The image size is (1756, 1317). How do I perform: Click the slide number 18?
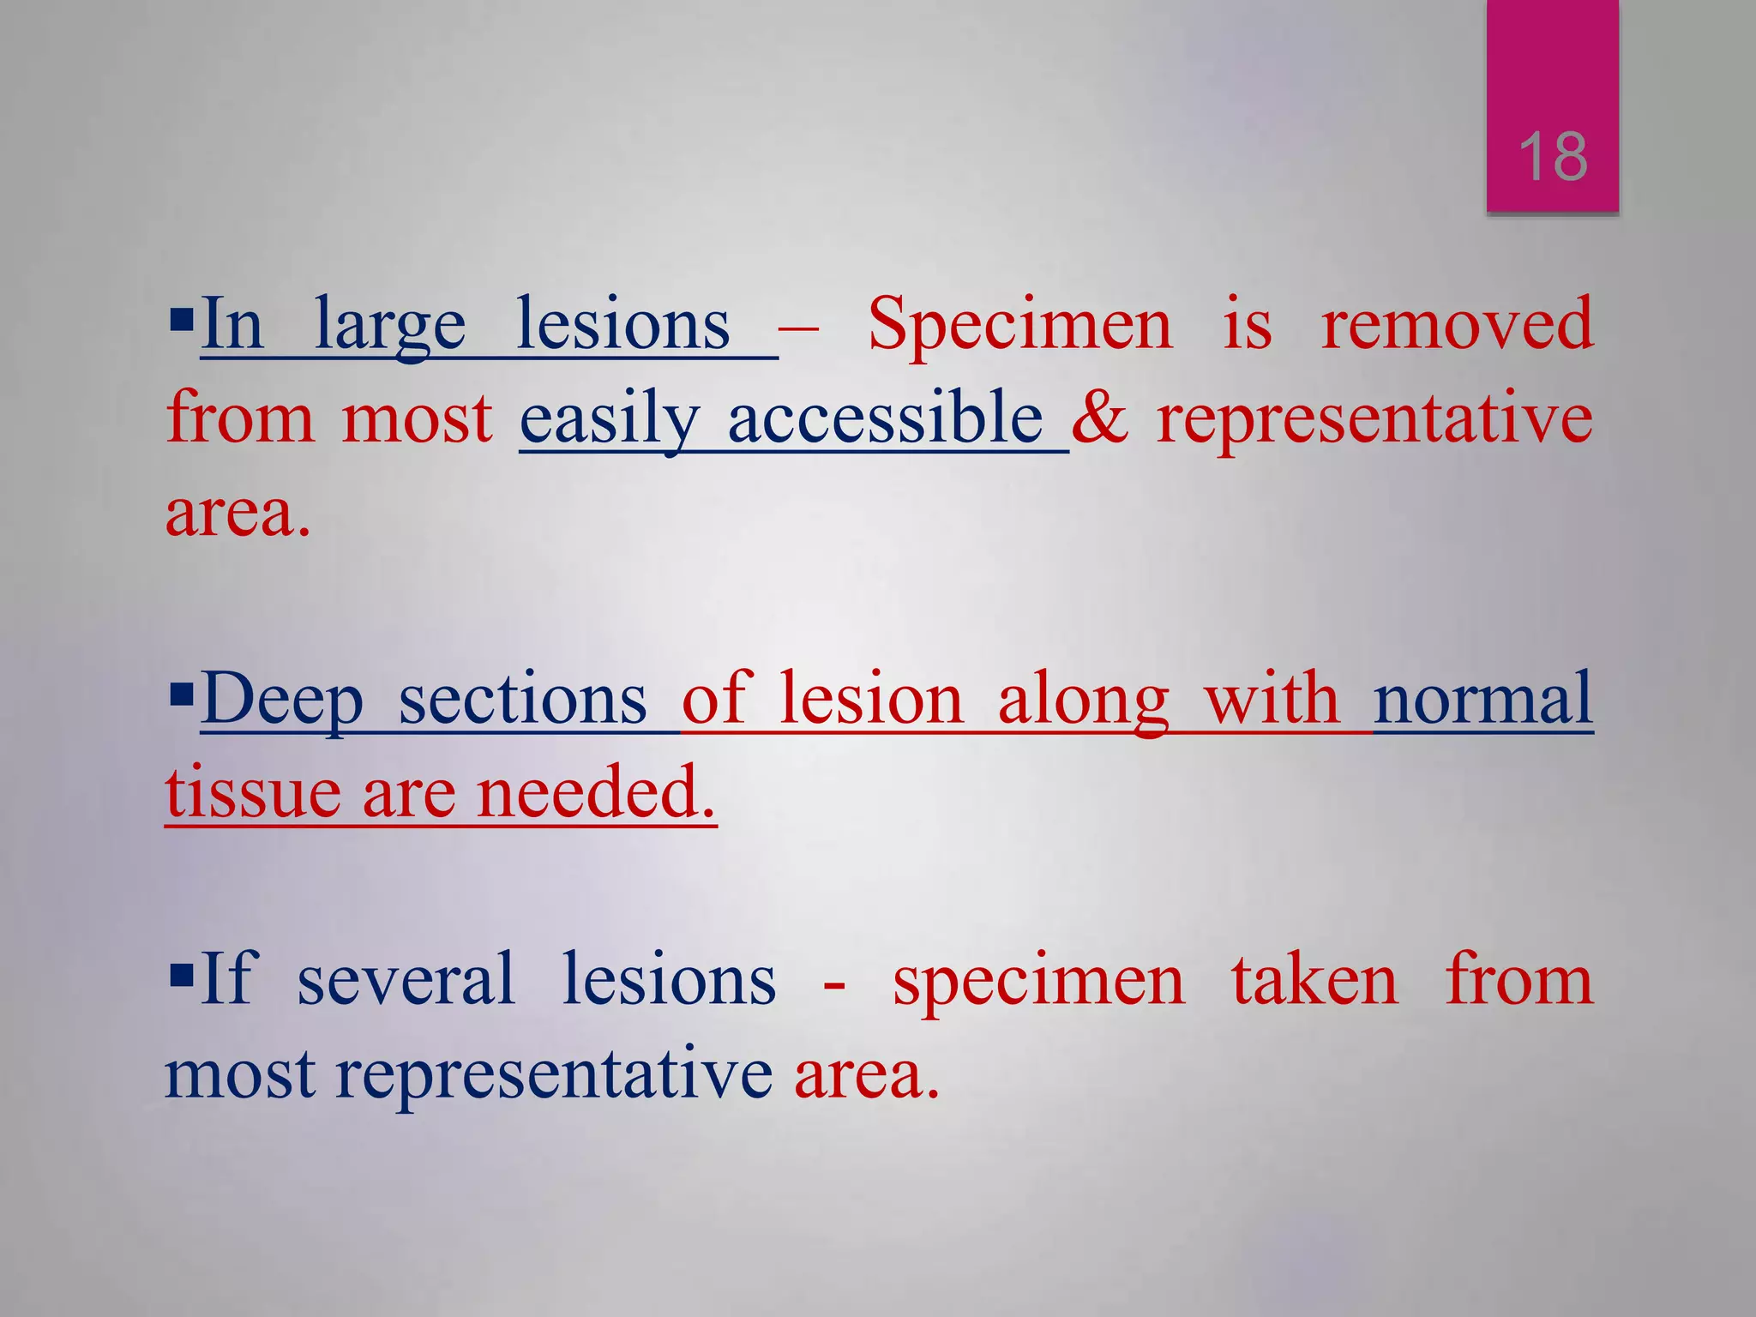(x=1553, y=158)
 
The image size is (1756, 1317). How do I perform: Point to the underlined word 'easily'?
(x=610, y=420)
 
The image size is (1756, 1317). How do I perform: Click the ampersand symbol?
(x=1100, y=418)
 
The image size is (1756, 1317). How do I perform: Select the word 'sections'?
(x=522, y=700)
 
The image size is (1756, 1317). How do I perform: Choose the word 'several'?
(x=406, y=980)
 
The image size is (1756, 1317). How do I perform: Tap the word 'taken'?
(x=1314, y=980)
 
